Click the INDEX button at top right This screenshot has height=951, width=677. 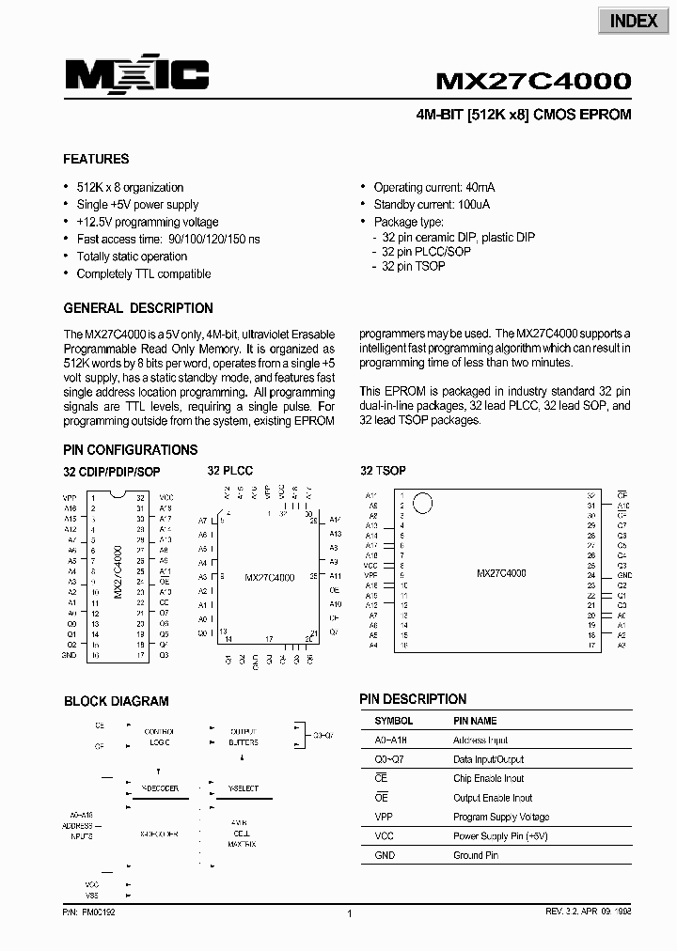(634, 21)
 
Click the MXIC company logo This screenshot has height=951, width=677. (135, 75)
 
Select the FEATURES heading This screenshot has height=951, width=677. (96, 159)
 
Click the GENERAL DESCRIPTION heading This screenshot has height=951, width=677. (138, 308)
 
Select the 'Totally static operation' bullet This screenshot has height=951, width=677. (132, 257)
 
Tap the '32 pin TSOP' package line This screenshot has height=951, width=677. (413, 267)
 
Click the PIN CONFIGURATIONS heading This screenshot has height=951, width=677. (131, 450)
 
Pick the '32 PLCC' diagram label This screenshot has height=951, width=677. (230, 471)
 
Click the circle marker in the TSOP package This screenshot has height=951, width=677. (423, 504)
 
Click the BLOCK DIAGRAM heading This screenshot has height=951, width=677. (117, 701)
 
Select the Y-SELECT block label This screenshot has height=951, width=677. (243, 788)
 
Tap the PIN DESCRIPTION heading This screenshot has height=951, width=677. (413, 699)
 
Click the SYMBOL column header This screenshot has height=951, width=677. (393, 721)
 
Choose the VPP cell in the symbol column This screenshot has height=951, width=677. (384, 817)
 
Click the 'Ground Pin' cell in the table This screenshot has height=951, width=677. (476, 855)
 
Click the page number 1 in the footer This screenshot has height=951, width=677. (349, 913)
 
